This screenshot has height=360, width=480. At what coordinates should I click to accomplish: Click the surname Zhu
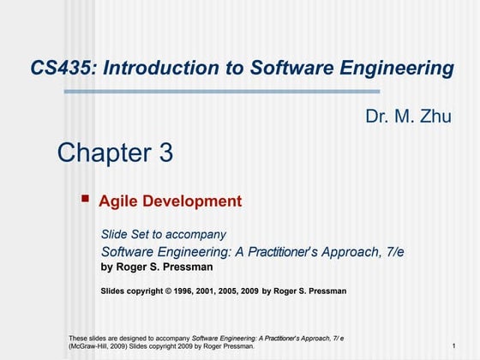[x=434, y=117]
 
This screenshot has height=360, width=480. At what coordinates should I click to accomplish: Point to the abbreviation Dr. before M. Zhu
[x=377, y=117]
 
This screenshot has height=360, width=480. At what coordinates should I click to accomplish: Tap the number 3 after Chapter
[x=165, y=153]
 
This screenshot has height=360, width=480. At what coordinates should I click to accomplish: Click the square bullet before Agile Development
[x=85, y=199]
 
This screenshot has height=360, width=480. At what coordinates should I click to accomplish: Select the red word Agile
[x=117, y=202]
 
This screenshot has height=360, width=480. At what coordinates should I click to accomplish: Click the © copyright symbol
[x=169, y=291]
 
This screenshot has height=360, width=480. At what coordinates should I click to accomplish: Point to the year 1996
[x=184, y=291]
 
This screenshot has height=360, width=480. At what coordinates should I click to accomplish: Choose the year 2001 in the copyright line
[x=208, y=291]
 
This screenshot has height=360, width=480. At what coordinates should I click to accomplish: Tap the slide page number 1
[x=452, y=346]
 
